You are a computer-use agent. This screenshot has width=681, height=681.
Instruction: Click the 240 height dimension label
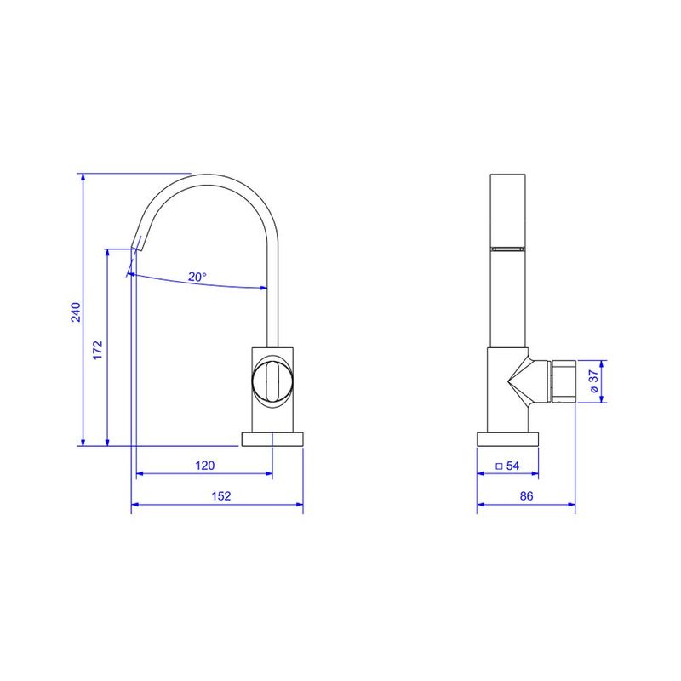(x=76, y=312)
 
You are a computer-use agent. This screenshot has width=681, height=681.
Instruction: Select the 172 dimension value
(x=98, y=350)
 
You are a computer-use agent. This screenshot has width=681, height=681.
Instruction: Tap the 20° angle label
(x=197, y=277)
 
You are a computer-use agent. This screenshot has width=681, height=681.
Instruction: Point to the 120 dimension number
(x=204, y=466)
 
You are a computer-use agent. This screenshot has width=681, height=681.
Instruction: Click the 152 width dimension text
(x=221, y=496)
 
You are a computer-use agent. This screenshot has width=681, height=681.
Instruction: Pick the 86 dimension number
(x=526, y=496)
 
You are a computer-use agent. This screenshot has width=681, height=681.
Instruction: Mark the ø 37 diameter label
(x=594, y=381)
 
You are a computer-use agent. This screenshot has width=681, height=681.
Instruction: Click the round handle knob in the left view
(x=272, y=381)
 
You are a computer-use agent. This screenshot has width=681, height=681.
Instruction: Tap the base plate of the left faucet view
(x=272, y=439)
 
